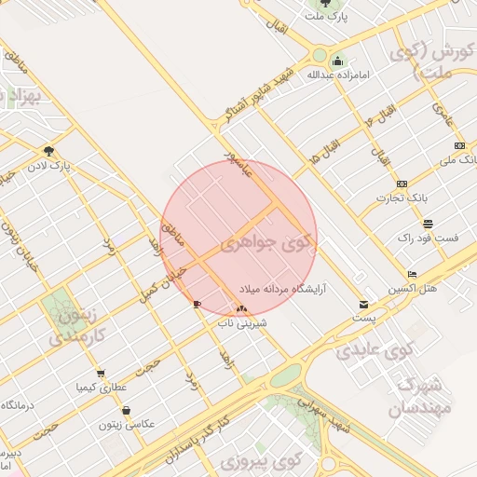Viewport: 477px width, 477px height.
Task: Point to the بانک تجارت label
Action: [x=401, y=198]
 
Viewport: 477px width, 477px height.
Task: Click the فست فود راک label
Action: [x=428, y=238]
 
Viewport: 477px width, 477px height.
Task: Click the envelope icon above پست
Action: [x=363, y=305]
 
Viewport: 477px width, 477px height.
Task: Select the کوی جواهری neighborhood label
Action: [x=268, y=245]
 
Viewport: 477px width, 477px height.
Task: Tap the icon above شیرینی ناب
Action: [x=242, y=308]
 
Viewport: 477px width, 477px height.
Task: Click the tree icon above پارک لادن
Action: [x=48, y=151]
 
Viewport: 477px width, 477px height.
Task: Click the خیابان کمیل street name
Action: [x=166, y=281]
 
